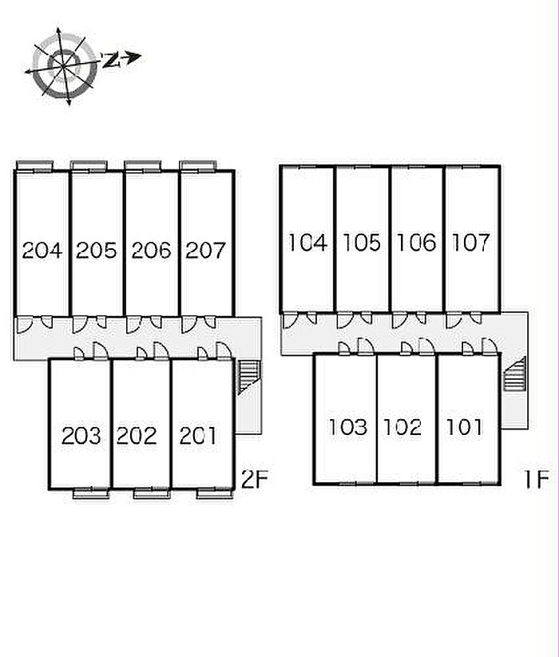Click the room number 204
point(42,250)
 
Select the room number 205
point(97,250)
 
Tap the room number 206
point(151,250)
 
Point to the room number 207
point(205,250)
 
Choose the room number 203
point(81,436)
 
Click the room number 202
point(137,436)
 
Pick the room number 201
point(198,436)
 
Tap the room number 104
point(307,243)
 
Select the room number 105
point(362,243)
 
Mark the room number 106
point(417,243)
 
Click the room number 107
point(471,243)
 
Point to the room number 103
point(348,427)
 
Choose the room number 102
point(402,427)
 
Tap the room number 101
point(464,427)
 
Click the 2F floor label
point(255,479)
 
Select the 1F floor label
point(537,479)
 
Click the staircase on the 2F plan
point(249,377)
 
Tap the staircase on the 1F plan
point(515,374)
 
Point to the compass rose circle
point(65,65)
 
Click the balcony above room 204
point(35,165)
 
